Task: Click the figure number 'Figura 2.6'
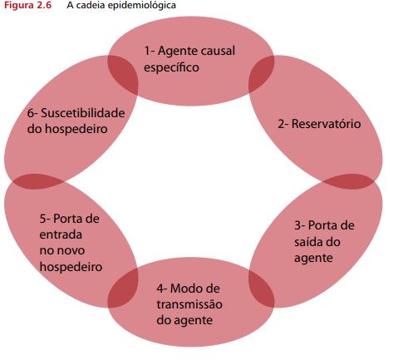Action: pos(27,6)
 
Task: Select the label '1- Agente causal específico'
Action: pos(189,59)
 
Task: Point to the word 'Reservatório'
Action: pos(326,124)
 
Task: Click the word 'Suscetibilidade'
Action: pos(83,113)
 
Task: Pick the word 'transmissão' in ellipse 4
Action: pos(189,304)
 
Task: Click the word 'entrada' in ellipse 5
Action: pos(61,234)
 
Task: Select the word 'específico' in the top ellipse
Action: pos(171,67)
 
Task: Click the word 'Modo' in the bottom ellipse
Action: pos(184,288)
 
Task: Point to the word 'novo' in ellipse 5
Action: pos(70,250)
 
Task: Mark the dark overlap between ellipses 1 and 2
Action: pos(261,74)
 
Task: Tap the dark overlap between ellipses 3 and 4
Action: pos(261,288)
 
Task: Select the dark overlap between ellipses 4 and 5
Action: pos(123,288)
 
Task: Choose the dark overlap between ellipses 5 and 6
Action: pos(37,181)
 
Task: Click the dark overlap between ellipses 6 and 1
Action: pos(123,74)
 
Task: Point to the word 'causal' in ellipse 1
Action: pos(218,51)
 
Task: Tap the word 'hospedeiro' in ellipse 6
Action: pos(76,129)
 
